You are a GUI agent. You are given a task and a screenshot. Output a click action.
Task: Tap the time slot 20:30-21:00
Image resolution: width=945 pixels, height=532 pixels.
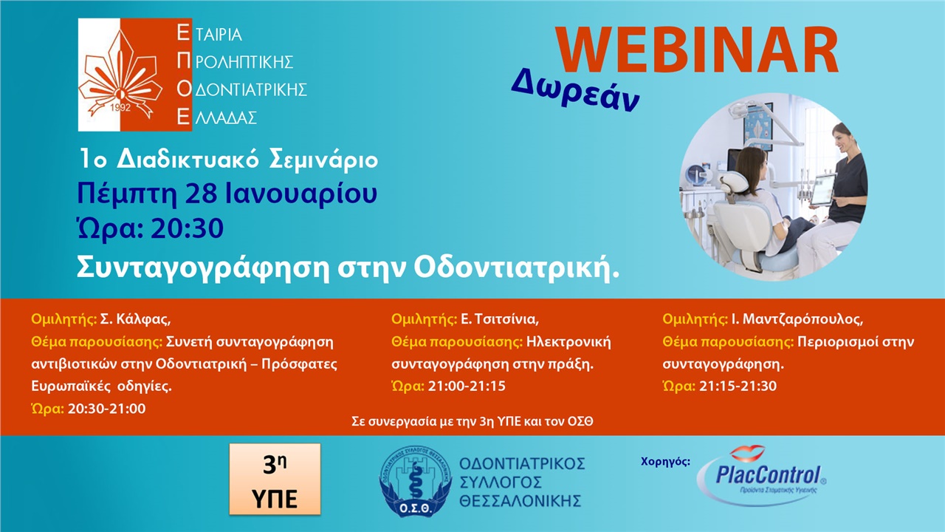click(x=106, y=409)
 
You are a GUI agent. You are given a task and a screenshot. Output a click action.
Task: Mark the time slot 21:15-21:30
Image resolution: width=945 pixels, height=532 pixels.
click(x=738, y=386)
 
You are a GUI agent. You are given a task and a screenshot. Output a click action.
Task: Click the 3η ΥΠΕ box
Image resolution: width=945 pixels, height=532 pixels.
click(x=275, y=479)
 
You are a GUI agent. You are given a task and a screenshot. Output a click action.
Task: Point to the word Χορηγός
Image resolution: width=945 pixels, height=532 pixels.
click(x=666, y=462)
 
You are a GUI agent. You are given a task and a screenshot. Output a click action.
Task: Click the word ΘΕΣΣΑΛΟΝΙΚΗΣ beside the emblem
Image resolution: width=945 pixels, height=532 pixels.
click(x=520, y=501)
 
